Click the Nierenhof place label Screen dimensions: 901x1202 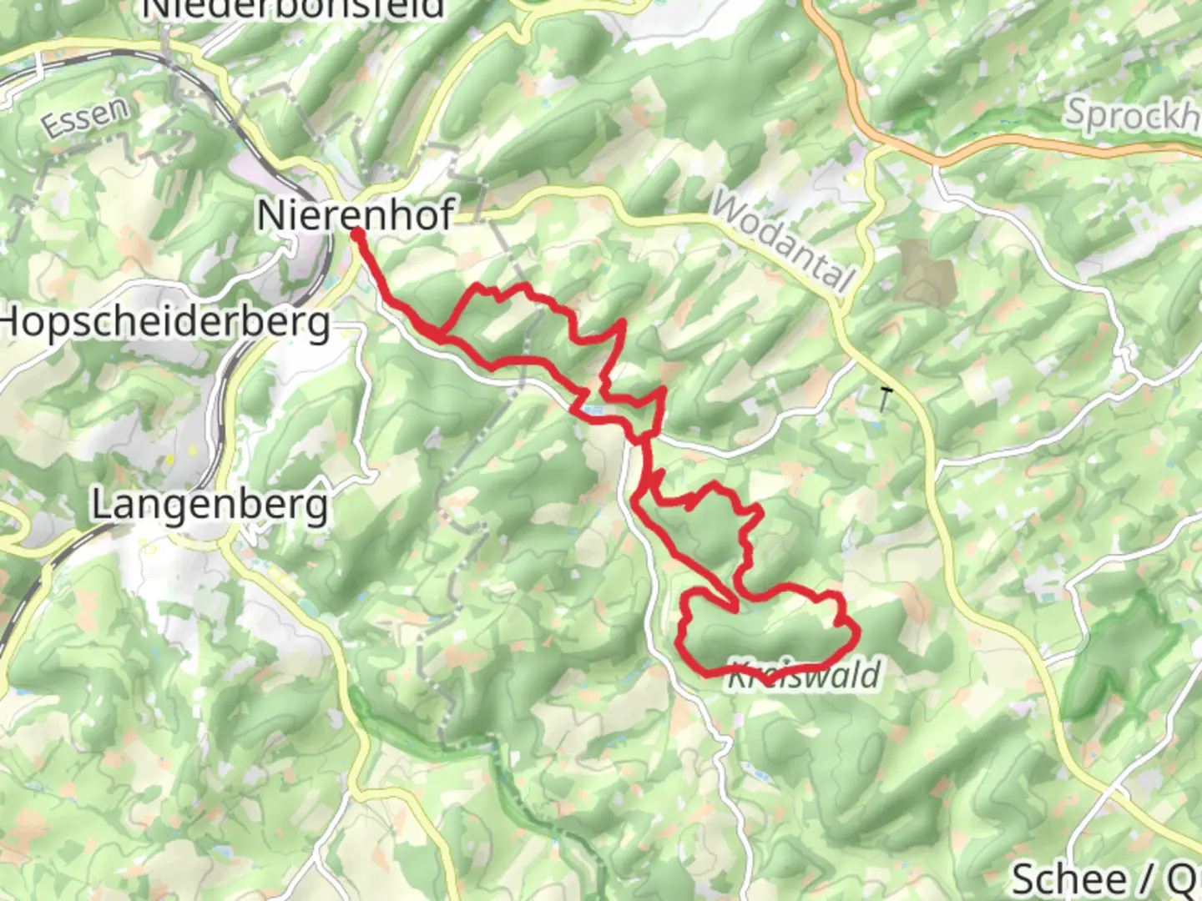[356, 215]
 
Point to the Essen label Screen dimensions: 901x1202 [86, 118]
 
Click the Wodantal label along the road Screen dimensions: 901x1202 [783, 242]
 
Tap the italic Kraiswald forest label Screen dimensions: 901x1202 [804, 674]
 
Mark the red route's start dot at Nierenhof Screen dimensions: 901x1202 [356, 235]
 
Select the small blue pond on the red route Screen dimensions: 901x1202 [592, 410]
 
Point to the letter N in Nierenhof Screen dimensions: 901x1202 [271, 215]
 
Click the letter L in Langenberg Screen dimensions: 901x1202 [101, 505]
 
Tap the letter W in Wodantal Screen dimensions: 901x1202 [728, 207]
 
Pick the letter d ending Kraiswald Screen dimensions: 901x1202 [871, 674]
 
